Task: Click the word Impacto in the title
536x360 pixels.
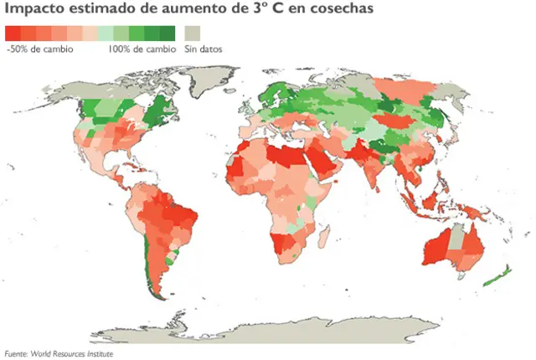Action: click(33, 9)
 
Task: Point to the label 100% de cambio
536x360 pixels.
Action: click(141, 49)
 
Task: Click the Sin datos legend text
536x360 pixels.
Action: click(204, 49)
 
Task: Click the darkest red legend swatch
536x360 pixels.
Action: click(13, 33)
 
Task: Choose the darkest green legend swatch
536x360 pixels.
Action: click(167, 33)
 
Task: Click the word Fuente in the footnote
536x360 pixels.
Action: click(17, 353)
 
